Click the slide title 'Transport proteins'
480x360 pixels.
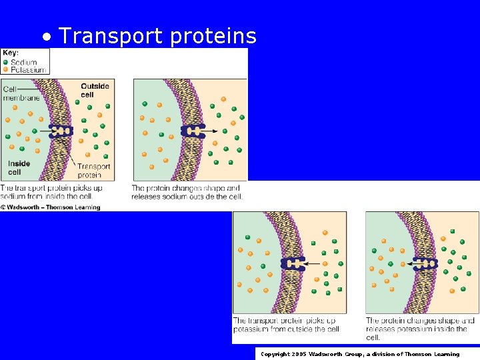tap(157, 36)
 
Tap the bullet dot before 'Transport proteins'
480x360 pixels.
tap(46, 37)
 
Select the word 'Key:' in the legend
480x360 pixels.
tap(11, 53)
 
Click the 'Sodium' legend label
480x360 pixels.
tap(24, 62)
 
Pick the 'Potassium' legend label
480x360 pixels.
tap(28, 69)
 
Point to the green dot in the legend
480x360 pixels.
tap(6, 62)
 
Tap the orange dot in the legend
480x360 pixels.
tap(6, 69)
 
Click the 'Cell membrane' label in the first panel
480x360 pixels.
tap(20, 93)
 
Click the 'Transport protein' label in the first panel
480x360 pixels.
tap(93, 171)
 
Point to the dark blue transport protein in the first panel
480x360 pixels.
tap(61, 131)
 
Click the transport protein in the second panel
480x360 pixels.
tap(193, 131)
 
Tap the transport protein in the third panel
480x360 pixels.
tap(293, 263)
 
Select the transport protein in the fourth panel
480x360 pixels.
tap(425, 263)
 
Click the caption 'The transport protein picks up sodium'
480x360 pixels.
tap(51, 192)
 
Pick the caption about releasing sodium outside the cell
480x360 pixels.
tap(187, 192)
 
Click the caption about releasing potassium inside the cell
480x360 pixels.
tap(420, 327)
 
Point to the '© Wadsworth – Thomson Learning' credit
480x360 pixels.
tap(51, 207)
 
